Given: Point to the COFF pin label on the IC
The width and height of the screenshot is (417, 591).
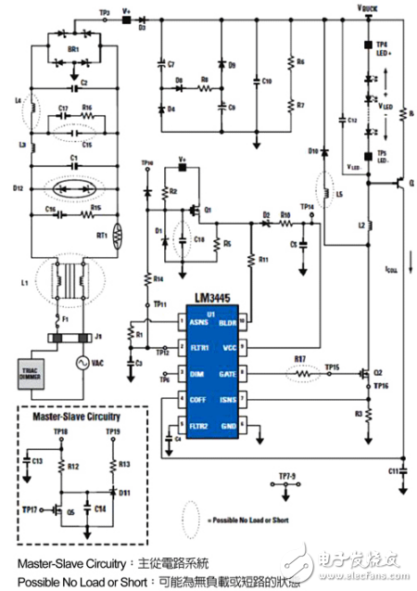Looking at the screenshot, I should pyautogui.click(x=198, y=398).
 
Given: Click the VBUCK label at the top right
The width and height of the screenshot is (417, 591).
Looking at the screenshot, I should pyautogui.click(x=368, y=6).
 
